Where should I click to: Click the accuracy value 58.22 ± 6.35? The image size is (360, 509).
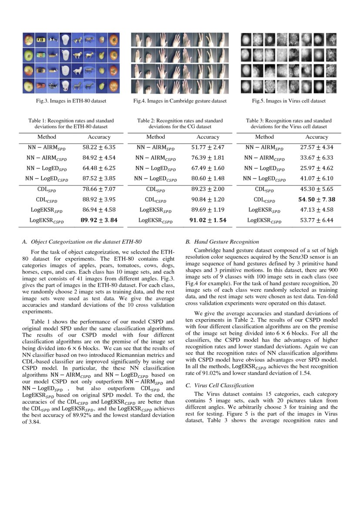(x=99, y=148)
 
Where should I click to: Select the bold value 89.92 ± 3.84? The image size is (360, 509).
(x=99, y=220)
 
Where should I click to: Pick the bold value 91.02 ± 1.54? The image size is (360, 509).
(x=208, y=220)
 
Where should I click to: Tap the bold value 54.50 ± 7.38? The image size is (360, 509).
(x=316, y=199)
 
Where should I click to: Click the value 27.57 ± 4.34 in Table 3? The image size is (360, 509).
(x=316, y=148)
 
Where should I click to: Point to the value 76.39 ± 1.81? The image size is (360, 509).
(x=208, y=158)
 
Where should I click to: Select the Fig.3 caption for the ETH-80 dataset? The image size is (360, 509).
(x=71, y=101)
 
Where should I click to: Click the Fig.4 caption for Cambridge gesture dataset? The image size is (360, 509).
(x=180, y=101)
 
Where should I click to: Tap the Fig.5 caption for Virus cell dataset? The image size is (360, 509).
(x=289, y=101)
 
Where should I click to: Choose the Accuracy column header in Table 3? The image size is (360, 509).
(x=316, y=137)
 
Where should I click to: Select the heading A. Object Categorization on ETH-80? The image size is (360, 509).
(x=81, y=242)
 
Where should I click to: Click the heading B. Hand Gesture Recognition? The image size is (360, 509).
(x=222, y=242)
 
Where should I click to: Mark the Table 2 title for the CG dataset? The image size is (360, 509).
(x=180, y=123)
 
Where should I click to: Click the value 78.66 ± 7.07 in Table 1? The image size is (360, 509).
(x=99, y=189)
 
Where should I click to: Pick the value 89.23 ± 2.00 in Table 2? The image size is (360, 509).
(x=208, y=189)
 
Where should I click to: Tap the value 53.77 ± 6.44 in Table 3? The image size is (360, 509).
(x=316, y=220)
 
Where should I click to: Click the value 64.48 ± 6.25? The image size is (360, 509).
(x=99, y=168)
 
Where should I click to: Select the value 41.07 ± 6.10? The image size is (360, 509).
(x=316, y=179)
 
